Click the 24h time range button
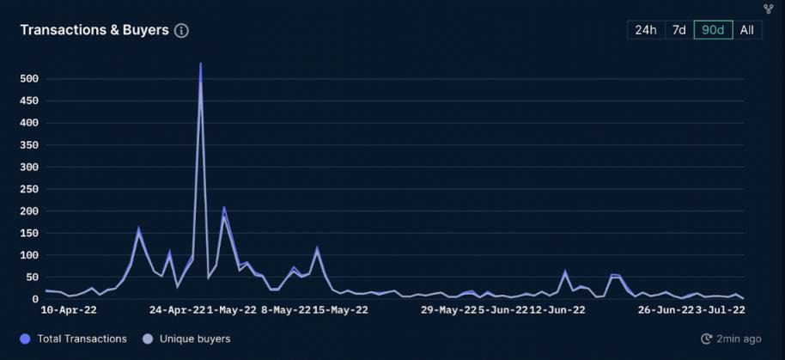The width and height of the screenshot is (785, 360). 646,30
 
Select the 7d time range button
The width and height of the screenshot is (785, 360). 679,30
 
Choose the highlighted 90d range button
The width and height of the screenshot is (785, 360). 713,30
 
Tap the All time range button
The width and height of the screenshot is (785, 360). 746,30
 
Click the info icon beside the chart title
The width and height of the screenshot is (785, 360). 181,30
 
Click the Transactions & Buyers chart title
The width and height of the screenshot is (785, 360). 94,30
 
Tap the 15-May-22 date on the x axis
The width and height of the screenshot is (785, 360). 340,310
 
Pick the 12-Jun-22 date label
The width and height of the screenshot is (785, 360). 557,310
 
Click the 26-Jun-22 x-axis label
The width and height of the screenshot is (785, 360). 665,310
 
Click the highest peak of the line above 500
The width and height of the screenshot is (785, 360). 201,64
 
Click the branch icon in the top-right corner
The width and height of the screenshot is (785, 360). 769,9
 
